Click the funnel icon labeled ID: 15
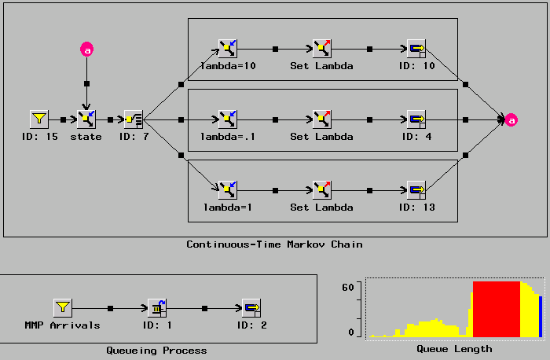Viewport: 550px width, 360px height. tap(39, 119)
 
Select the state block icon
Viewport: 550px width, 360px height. tap(86, 119)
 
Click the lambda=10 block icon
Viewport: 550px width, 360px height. tap(228, 49)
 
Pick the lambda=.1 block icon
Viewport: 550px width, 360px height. tap(228, 119)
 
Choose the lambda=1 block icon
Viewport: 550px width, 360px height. tap(228, 189)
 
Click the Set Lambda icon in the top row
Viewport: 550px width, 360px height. tap(322, 49)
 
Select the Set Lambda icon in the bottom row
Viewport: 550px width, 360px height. tap(322, 189)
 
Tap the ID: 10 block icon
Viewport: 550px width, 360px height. tap(416, 49)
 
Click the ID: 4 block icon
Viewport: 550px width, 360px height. tap(416, 119)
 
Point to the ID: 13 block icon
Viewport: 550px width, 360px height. tap(416, 189)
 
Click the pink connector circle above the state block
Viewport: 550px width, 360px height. tap(87, 50)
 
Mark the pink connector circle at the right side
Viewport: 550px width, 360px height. tap(511, 120)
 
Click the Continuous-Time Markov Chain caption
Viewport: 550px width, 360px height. tap(274, 244)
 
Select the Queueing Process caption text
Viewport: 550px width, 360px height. tap(157, 350)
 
